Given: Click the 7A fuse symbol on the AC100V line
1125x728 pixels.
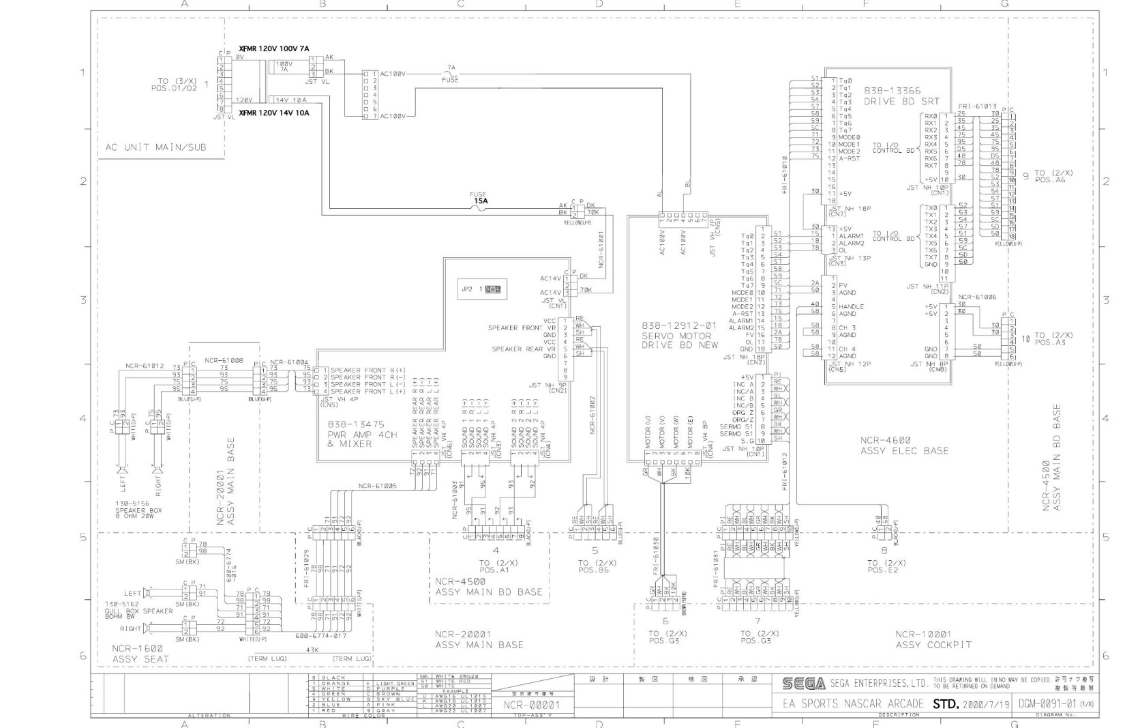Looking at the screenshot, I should pyautogui.click(x=450, y=74).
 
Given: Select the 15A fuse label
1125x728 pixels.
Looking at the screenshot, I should pyautogui.click(x=481, y=201).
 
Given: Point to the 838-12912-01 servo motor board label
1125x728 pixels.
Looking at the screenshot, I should pyautogui.click(x=680, y=335).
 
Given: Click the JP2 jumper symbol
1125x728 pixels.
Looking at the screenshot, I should pyautogui.click(x=493, y=289).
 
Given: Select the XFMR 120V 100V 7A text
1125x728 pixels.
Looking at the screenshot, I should pyautogui.click(x=273, y=49).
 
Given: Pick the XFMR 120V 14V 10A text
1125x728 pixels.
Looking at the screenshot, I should pyautogui.click(x=273, y=113).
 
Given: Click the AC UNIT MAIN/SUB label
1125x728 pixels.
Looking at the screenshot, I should pyautogui.click(x=155, y=147).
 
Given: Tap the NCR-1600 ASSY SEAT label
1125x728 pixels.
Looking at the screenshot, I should pyautogui.click(x=140, y=653).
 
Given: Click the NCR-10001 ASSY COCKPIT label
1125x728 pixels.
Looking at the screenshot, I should pyautogui.click(x=933, y=639).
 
